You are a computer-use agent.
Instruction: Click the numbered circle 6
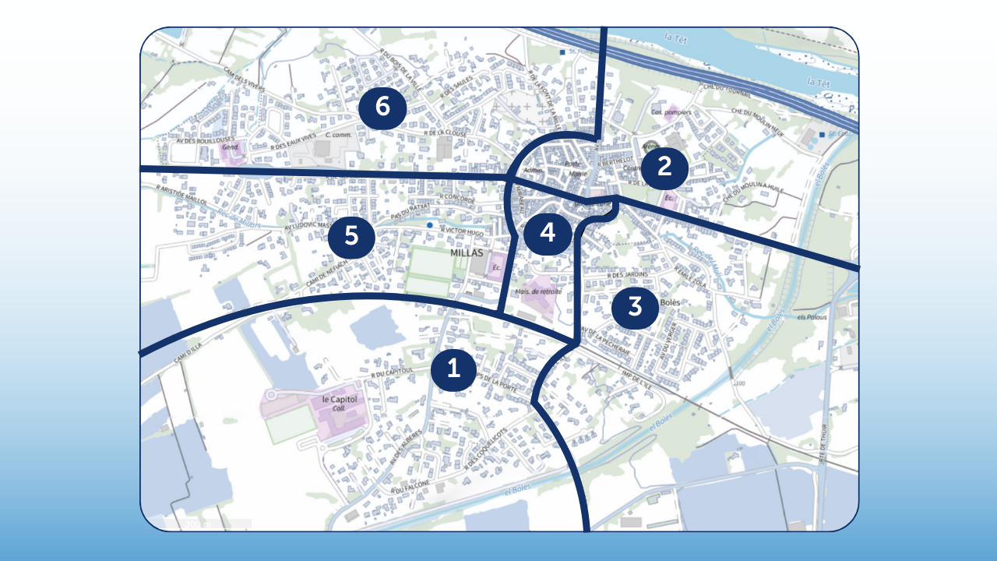[x=382, y=107]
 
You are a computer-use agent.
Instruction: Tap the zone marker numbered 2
[x=664, y=167]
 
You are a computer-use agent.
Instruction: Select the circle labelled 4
[x=548, y=232]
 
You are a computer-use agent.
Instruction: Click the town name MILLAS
[x=467, y=254]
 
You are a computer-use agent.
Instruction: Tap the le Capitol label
[x=340, y=400]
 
